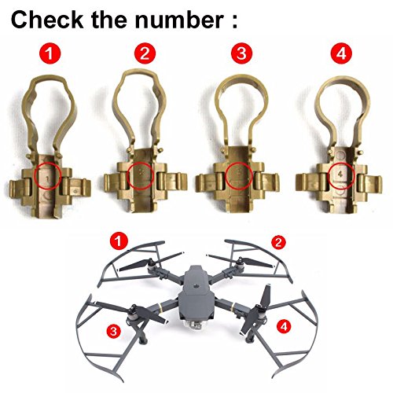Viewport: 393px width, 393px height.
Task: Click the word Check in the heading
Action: click(46, 20)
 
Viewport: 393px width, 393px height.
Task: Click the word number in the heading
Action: click(179, 20)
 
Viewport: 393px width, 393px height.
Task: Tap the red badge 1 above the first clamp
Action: click(50, 53)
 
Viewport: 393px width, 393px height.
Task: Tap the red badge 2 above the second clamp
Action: click(145, 53)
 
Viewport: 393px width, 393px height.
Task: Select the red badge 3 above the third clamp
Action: click(241, 53)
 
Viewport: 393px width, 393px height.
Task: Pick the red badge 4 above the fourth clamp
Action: click(341, 53)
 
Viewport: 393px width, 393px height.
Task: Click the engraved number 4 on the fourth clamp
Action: click(340, 174)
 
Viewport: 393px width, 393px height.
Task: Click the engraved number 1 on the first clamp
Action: click(47, 178)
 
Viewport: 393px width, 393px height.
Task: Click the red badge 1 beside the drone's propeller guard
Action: click(119, 241)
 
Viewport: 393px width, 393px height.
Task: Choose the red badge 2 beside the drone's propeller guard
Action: click(278, 242)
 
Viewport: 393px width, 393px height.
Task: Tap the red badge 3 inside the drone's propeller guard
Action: click(113, 331)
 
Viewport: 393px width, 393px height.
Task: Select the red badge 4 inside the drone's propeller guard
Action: click(284, 326)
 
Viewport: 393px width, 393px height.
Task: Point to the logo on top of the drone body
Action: click(195, 285)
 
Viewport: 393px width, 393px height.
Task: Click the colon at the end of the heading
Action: click(234, 20)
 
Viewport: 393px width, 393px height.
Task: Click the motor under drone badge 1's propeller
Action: click(152, 266)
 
